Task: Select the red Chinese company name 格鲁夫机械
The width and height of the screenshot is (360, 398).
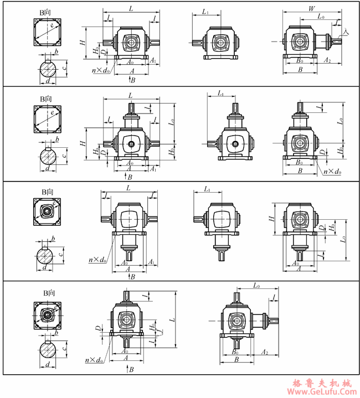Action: [321, 383]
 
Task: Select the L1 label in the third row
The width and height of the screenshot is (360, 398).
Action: [207, 190]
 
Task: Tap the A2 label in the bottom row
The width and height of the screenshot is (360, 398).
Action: [265, 352]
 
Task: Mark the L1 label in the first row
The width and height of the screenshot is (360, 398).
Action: [205, 11]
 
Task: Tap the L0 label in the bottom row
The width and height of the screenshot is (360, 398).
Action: [256, 286]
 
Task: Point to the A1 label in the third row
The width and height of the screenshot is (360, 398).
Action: [151, 261]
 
